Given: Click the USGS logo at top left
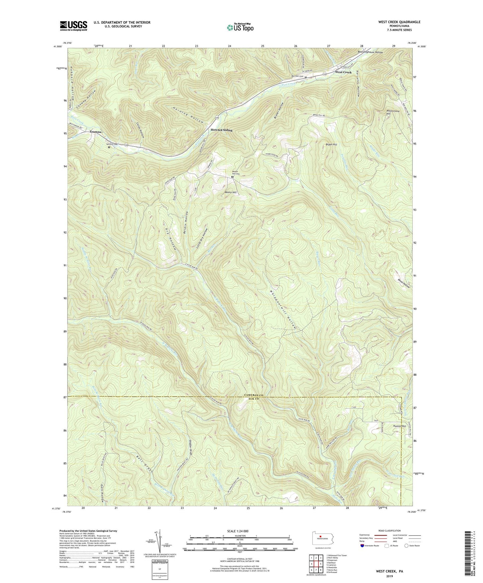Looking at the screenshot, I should pyautogui.click(x=74, y=26).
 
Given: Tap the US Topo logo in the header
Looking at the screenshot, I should pyautogui.click(x=240, y=27).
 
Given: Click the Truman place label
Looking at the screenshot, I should pyautogui.click(x=95, y=132).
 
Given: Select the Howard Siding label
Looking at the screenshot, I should pyautogui.click(x=221, y=130).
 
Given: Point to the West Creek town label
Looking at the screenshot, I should pyautogui.click(x=343, y=72).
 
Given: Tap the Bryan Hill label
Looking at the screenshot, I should pyautogui.click(x=331, y=145).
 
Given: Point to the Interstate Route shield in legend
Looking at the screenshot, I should pyautogui.click(x=363, y=546).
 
